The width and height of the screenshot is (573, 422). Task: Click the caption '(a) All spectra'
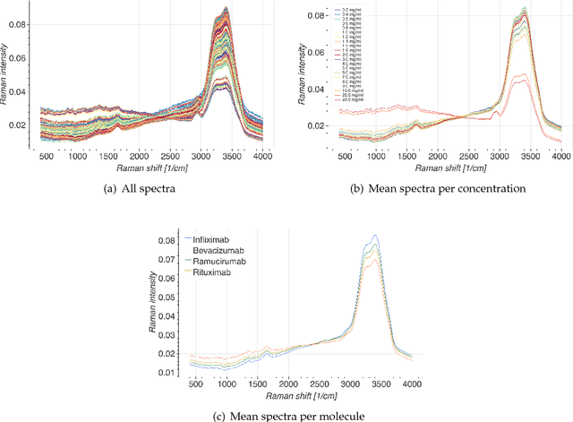pyautogui.click(x=141, y=188)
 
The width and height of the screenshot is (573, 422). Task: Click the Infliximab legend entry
pyautogui.click(x=213, y=239)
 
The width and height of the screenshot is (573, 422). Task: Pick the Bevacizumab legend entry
pyautogui.click(x=218, y=250)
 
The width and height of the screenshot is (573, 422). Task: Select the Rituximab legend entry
pyautogui.click(x=211, y=271)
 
